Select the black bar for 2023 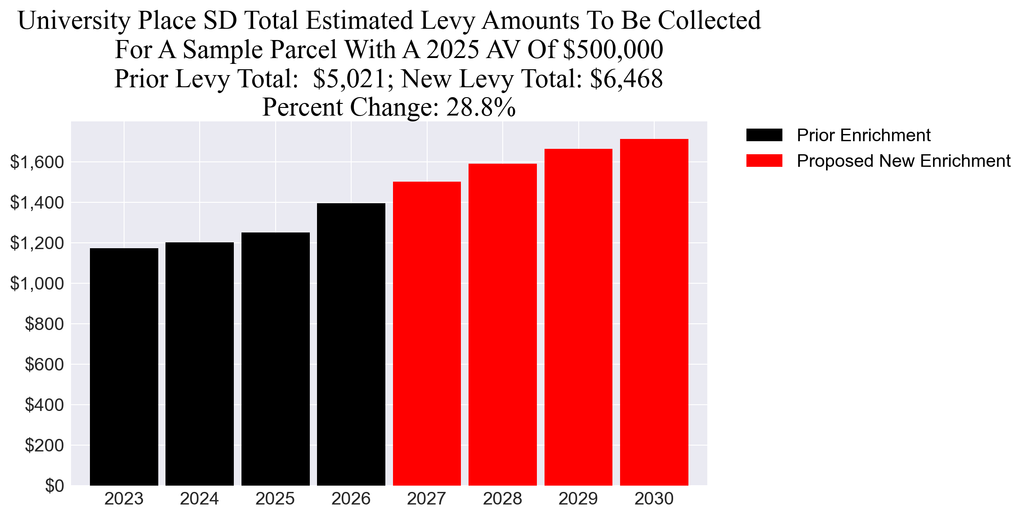tap(124, 366)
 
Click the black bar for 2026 tap(351, 344)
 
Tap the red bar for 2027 tap(427, 333)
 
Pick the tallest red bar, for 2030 tap(654, 312)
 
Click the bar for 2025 tap(276, 359)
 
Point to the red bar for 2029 tap(578, 317)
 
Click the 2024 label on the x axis tap(199, 499)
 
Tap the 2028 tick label tap(502, 499)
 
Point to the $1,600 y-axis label tap(37, 162)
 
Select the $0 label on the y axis tap(54, 486)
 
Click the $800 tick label tap(44, 324)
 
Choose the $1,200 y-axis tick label tap(37, 243)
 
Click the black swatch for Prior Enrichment tap(764, 135)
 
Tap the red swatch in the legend tap(764, 161)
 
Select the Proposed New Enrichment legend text tap(903, 161)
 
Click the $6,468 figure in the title tap(626, 79)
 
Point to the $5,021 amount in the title tap(349, 79)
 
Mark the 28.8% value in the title tap(481, 107)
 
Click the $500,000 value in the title tap(613, 49)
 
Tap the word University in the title tap(74, 21)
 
